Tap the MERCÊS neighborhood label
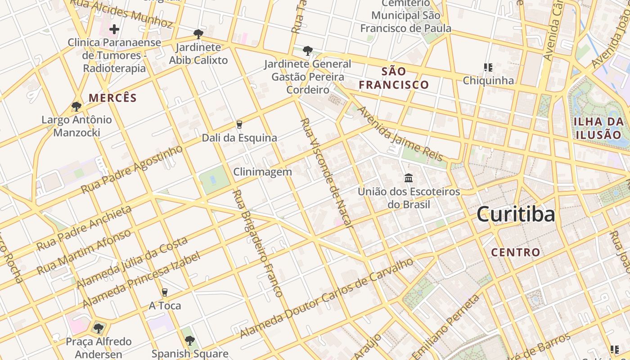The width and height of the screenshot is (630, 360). [112, 98]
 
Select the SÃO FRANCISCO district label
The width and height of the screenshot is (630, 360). [394, 78]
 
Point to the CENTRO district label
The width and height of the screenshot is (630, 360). [515, 252]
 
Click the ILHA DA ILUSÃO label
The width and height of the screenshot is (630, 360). [599, 128]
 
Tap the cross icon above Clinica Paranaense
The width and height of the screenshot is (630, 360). [114, 30]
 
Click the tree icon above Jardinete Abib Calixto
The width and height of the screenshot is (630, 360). [198, 34]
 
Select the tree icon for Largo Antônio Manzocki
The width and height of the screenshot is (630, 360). [76, 107]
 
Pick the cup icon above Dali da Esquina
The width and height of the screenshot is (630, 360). [239, 125]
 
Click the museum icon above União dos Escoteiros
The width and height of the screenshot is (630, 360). [409, 178]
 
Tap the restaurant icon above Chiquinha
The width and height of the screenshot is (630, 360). [488, 68]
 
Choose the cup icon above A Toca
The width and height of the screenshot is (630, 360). [165, 292]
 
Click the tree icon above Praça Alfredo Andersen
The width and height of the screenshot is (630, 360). [99, 328]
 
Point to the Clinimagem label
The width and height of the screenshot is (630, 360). [262, 172]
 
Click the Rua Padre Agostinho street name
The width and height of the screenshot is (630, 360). [132, 169]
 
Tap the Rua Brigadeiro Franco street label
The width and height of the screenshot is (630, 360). [257, 243]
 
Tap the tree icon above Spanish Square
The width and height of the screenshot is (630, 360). [189, 341]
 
